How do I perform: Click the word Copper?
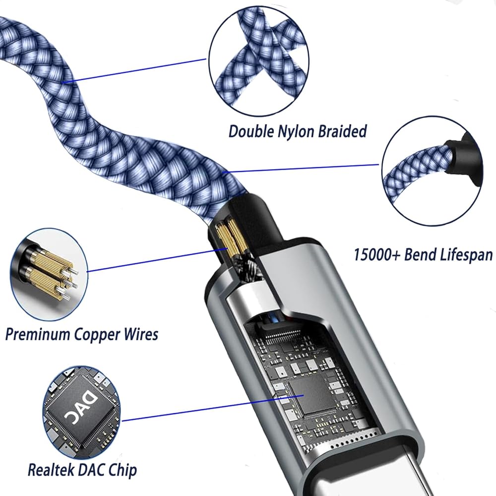(x=98, y=334)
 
